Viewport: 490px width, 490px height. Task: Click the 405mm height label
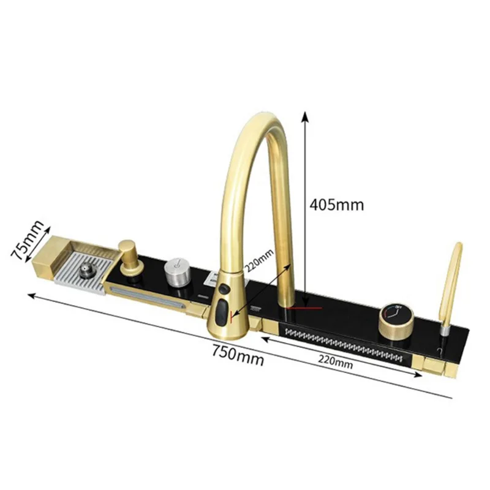(x=337, y=205)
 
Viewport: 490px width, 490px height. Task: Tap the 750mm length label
(x=238, y=355)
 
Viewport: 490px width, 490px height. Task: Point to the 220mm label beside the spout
(x=258, y=261)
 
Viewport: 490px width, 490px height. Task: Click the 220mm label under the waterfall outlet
(x=336, y=363)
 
